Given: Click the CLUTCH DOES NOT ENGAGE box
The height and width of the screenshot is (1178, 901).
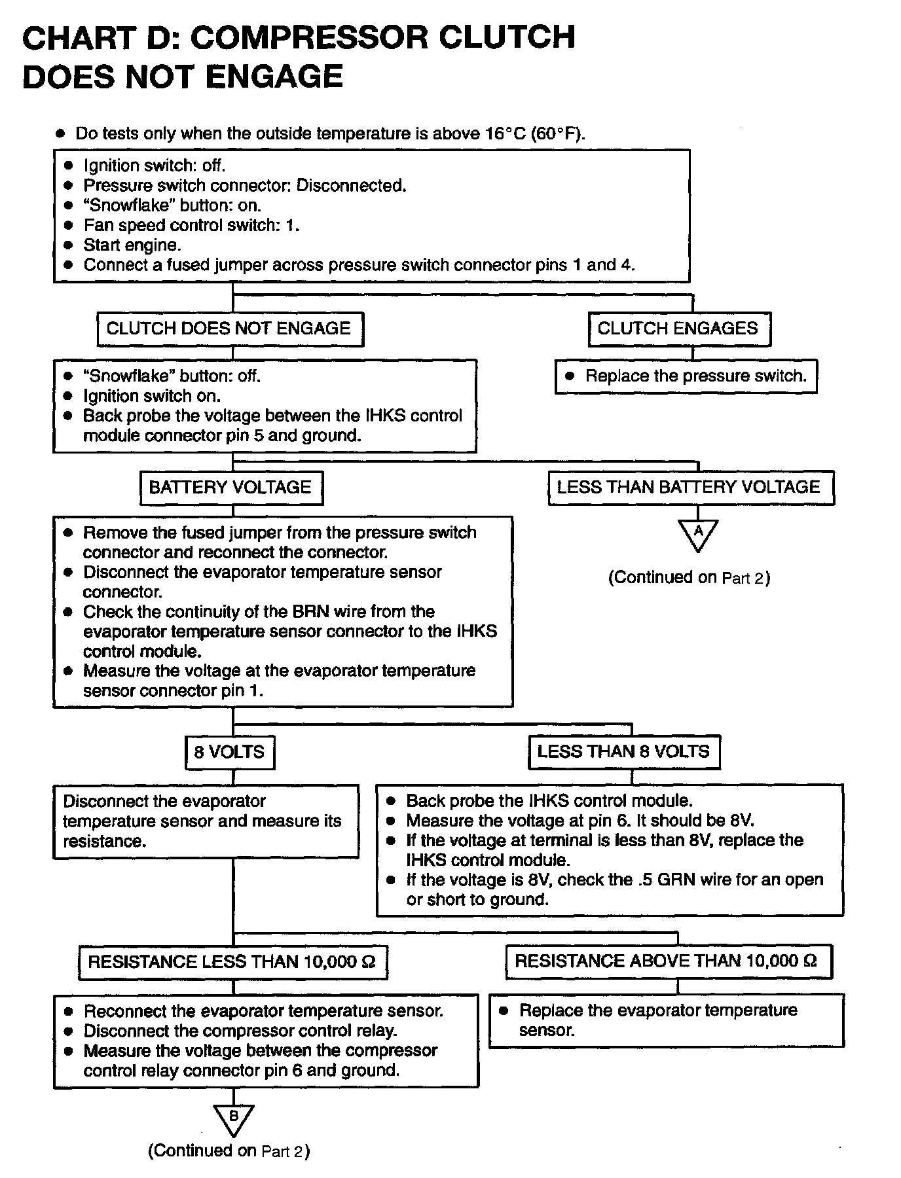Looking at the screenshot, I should (x=230, y=329).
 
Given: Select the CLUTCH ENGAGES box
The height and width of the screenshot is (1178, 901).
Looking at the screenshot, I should (x=679, y=329).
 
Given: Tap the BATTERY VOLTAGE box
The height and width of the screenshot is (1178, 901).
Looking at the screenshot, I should (x=231, y=488).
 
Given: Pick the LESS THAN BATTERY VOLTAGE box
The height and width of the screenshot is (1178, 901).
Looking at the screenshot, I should (x=691, y=488).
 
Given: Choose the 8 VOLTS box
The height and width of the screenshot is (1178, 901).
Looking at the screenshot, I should (x=230, y=752).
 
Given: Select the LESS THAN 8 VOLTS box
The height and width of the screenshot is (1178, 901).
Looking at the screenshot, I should (x=624, y=752).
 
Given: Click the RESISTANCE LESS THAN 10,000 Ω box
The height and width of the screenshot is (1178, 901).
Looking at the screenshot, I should (x=232, y=962).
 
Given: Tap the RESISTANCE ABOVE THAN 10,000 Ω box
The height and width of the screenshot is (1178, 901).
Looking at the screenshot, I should (x=668, y=961).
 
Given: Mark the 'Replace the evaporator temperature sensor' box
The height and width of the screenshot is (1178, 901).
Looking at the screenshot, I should (x=666, y=1020).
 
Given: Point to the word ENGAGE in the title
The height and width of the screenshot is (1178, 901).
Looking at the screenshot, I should (x=274, y=77).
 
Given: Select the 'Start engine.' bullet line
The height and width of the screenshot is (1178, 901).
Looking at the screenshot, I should (x=132, y=245).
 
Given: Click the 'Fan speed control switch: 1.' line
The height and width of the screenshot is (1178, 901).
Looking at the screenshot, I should (x=191, y=226).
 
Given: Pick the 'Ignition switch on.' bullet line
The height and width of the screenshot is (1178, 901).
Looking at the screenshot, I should (x=151, y=396).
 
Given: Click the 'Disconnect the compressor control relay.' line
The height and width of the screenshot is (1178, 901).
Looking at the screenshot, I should (x=240, y=1031).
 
